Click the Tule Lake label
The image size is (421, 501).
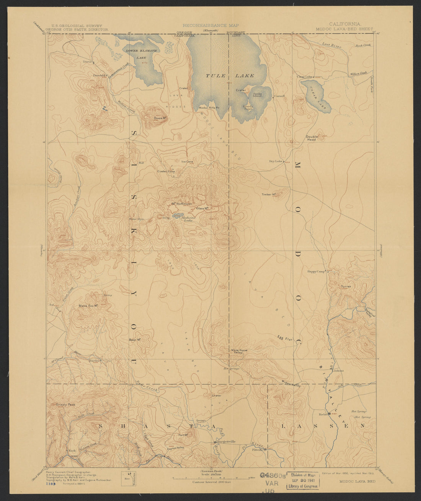click(230, 76)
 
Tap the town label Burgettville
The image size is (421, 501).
click(226, 442)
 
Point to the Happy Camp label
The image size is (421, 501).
click(316, 272)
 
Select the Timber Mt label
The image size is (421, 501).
click(269, 195)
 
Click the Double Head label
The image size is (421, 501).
click(311, 138)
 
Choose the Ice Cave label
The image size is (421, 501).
click(187, 162)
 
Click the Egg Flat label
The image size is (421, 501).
click(285, 338)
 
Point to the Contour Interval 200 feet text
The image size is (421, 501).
click(211, 483)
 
